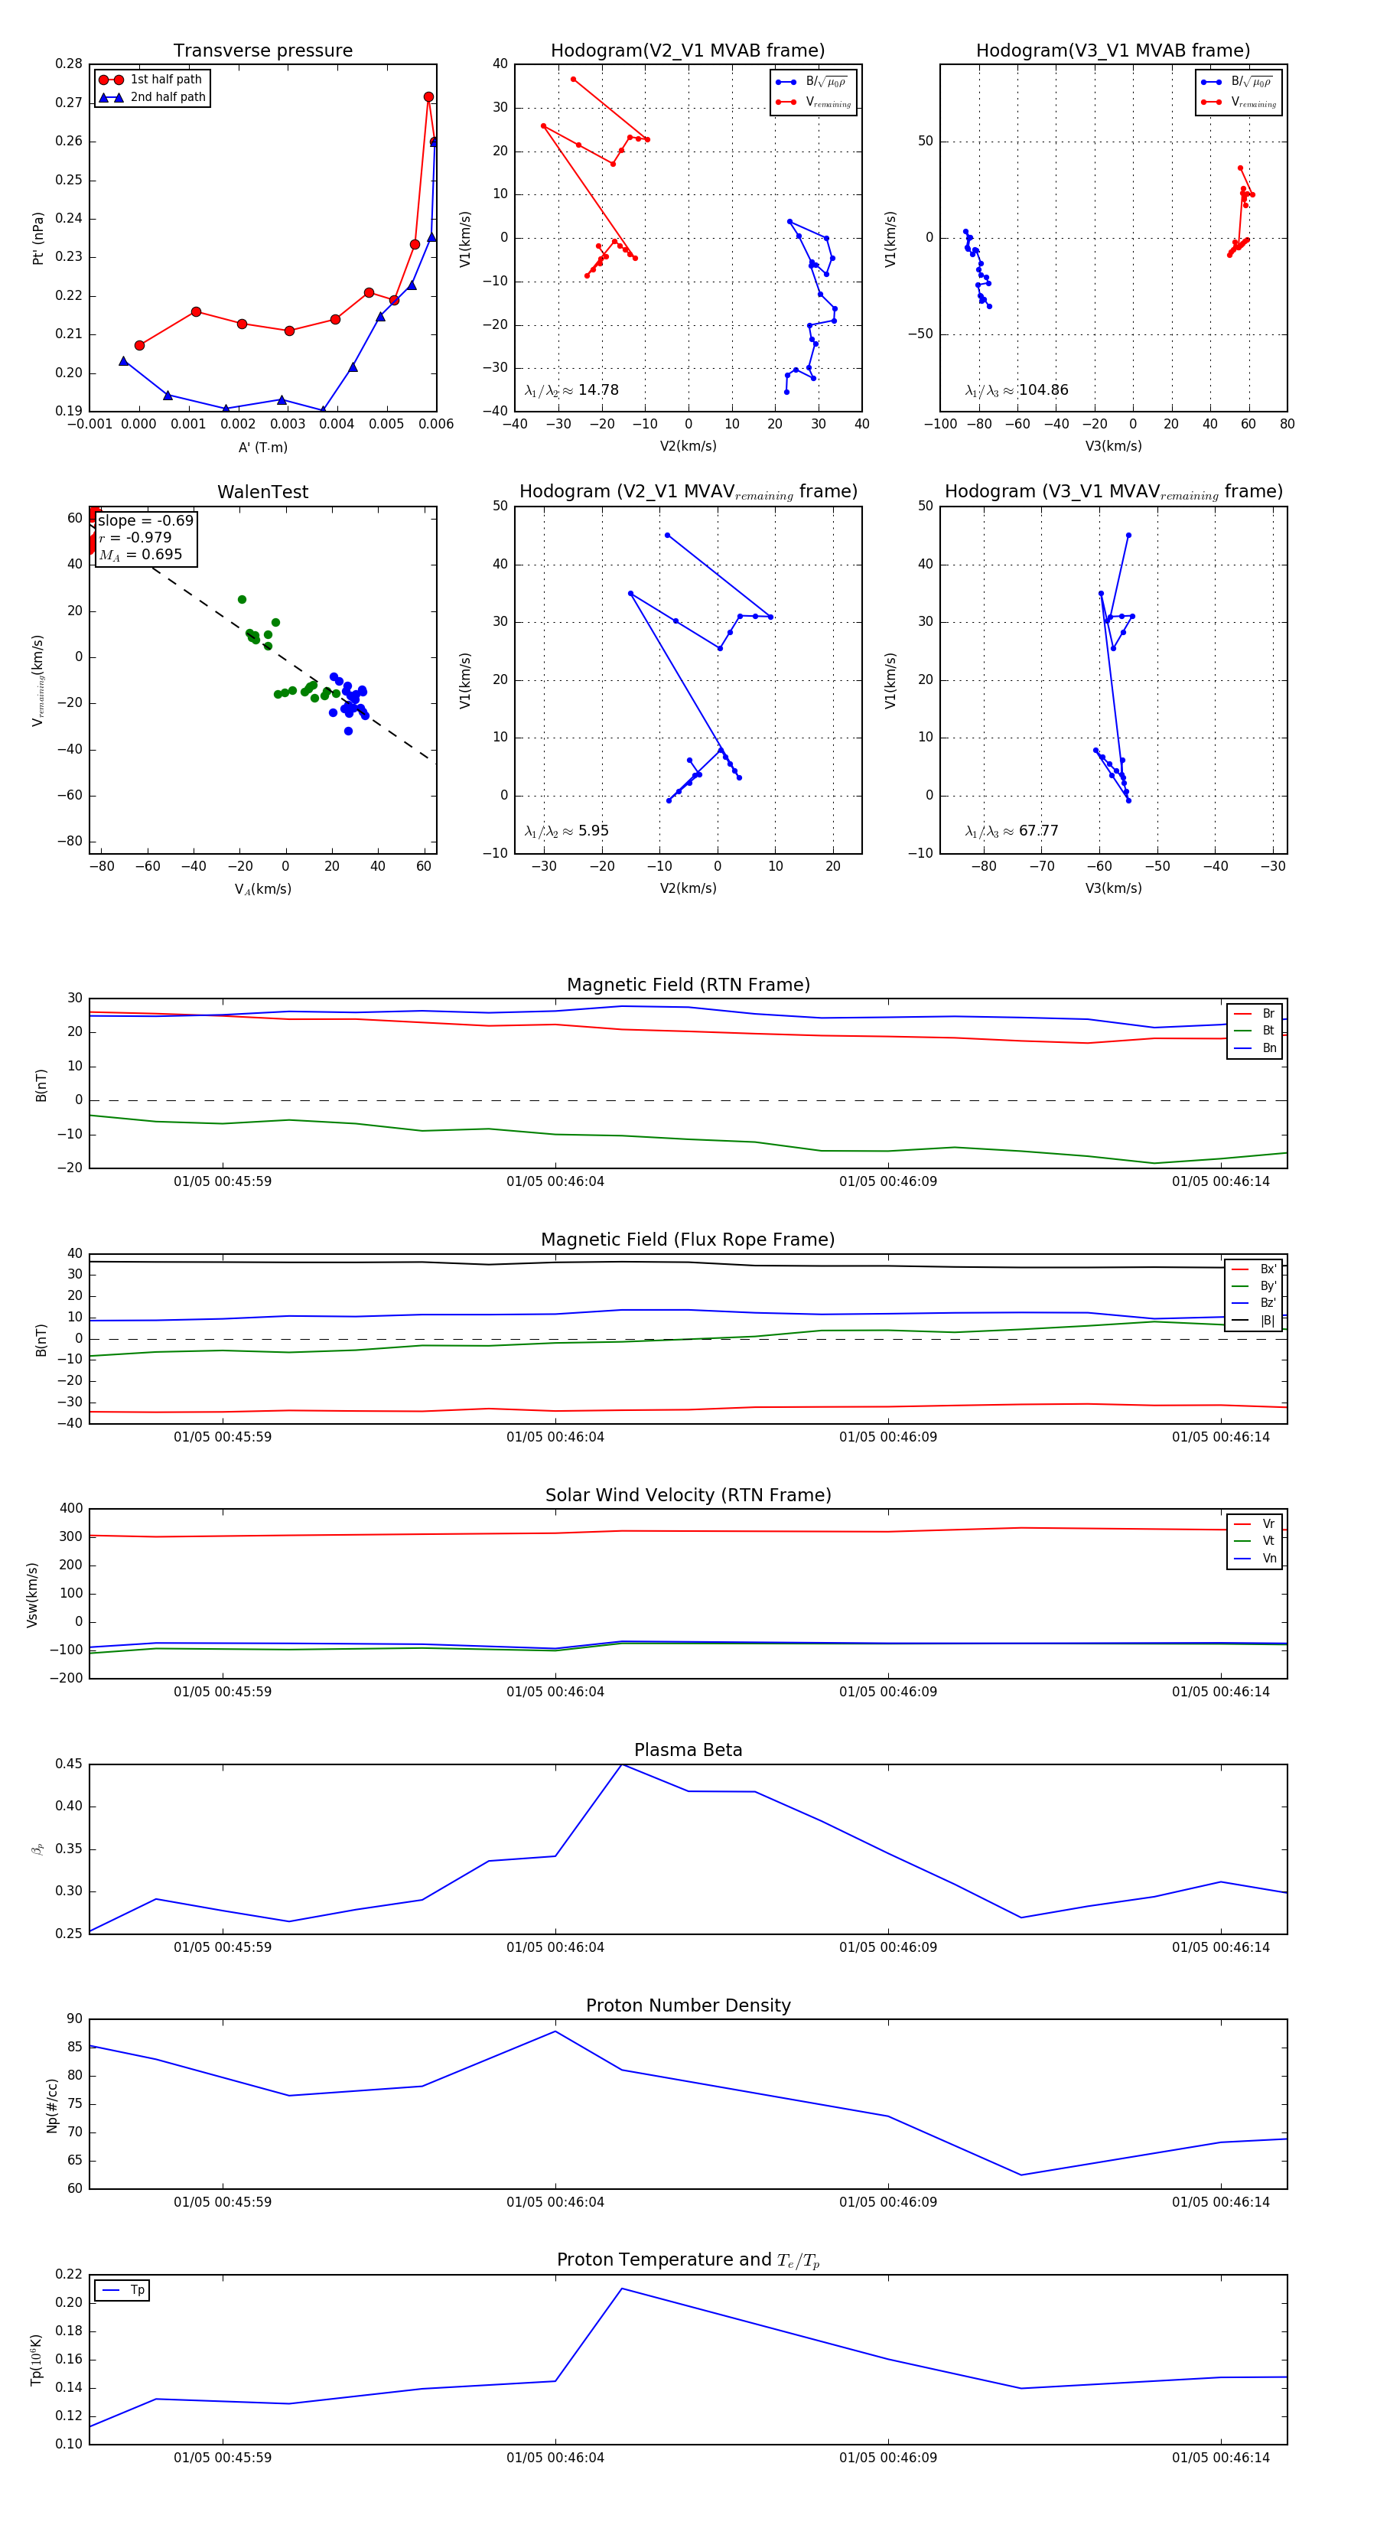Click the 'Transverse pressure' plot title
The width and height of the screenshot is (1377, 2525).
point(262,51)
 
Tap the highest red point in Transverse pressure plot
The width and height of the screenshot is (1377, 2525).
point(428,97)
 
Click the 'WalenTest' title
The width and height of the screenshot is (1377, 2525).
point(262,492)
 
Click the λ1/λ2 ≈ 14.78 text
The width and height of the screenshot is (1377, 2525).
point(571,390)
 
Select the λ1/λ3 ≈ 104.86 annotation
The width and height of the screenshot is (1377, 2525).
point(1017,390)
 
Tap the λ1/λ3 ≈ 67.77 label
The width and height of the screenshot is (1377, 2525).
point(1011,831)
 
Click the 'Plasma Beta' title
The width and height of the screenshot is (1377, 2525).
point(688,1751)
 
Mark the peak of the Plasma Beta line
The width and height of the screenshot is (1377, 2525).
point(621,1764)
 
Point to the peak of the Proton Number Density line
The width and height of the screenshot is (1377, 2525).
point(555,2031)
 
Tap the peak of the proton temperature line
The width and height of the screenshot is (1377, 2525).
point(621,2289)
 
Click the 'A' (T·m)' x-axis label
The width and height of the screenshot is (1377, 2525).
point(262,447)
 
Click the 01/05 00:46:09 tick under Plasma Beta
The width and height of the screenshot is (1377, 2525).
point(888,1947)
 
